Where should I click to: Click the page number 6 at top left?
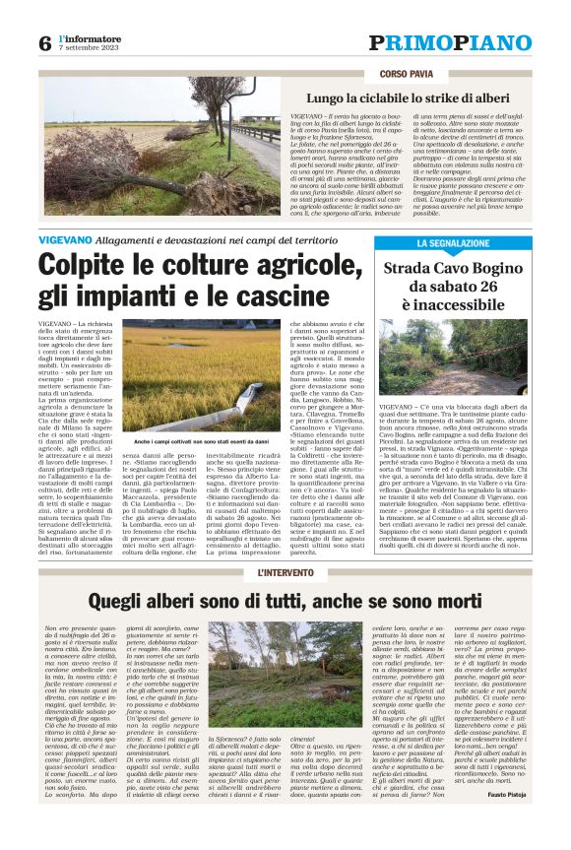click(44, 43)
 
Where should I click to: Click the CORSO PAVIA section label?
click(407, 74)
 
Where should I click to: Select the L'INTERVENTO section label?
click(285, 571)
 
